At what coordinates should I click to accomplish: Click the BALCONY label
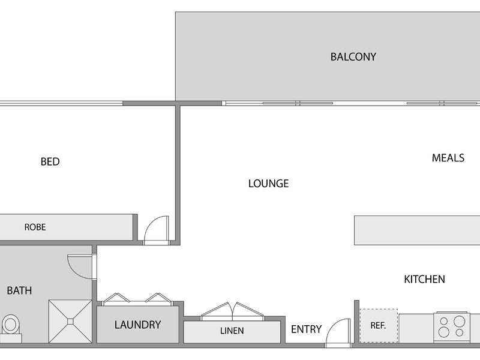point(353,57)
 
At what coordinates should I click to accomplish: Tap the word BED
point(50,161)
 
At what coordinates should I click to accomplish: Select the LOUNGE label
point(268,184)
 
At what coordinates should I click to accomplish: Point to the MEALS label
point(448,158)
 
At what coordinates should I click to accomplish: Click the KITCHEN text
point(424,279)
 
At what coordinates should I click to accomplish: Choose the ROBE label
point(35,227)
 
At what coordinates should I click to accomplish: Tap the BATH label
point(19,290)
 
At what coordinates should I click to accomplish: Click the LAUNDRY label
point(138,325)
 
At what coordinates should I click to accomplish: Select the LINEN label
point(232,331)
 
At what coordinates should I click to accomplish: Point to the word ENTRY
point(306,329)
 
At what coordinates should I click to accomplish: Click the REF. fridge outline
point(379,326)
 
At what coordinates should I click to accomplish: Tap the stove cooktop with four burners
point(452,327)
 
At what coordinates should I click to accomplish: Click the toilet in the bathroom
point(11,328)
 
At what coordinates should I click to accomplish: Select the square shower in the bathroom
point(70,322)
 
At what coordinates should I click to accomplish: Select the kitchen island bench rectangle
point(417,230)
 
